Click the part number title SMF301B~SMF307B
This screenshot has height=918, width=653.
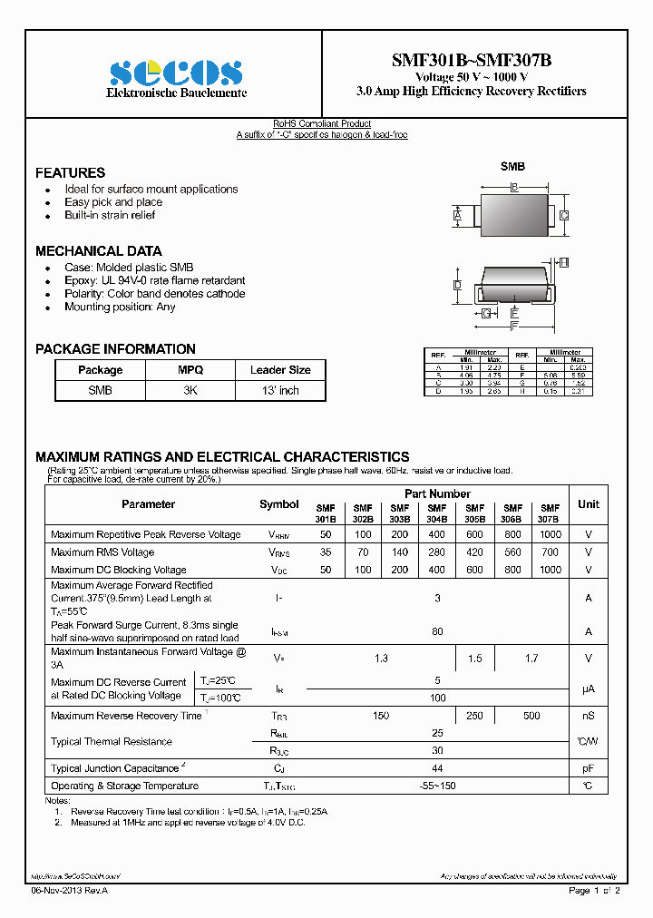click(x=471, y=60)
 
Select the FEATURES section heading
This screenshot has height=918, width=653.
click(x=70, y=172)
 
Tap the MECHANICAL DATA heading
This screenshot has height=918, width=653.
click(x=98, y=250)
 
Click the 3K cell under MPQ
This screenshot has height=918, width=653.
click(x=190, y=390)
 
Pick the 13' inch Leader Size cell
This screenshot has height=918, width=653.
click(x=280, y=390)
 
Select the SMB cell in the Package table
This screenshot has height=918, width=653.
click(x=100, y=390)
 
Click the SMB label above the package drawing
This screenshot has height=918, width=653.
click(x=512, y=167)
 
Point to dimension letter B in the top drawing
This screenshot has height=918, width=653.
click(x=514, y=188)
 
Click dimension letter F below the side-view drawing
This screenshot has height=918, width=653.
click(x=514, y=326)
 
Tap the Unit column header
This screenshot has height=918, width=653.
click(x=588, y=503)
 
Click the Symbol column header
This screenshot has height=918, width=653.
click(x=278, y=504)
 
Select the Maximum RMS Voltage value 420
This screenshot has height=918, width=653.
click(x=475, y=552)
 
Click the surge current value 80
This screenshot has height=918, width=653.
click(x=437, y=631)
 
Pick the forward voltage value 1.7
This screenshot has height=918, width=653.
click(x=531, y=659)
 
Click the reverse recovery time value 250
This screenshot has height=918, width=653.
click(x=475, y=716)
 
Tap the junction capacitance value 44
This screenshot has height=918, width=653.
click(x=437, y=768)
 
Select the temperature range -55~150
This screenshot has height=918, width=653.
click(x=437, y=786)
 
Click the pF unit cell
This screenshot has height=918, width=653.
click(x=588, y=768)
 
